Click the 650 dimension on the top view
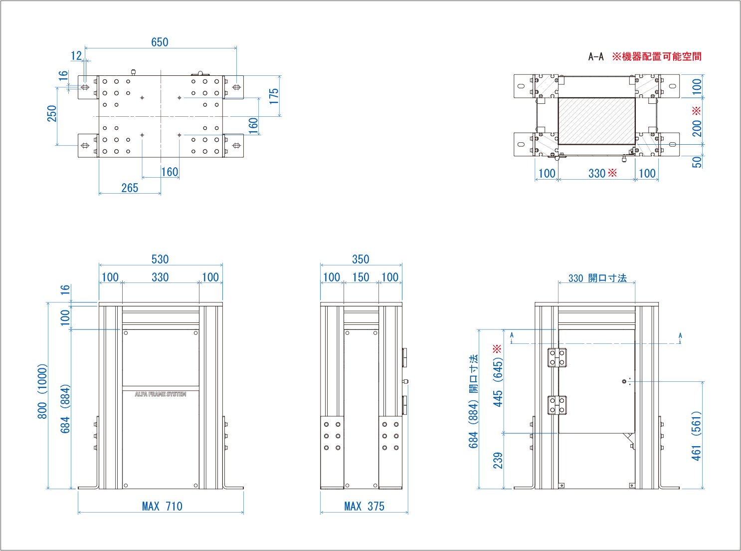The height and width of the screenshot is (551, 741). [x=160, y=42]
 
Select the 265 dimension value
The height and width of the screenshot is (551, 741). [x=130, y=188]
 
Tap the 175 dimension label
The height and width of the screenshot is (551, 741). [x=274, y=96]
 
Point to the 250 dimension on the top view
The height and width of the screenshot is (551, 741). [x=52, y=113]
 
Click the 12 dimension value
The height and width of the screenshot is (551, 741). [x=76, y=56]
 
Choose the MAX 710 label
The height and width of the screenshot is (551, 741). [x=162, y=507]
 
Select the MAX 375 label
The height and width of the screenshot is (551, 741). [x=364, y=507]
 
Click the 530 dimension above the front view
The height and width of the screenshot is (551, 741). [x=160, y=260]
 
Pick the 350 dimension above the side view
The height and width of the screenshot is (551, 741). [x=361, y=260]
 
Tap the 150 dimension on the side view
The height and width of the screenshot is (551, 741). [x=361, y=277]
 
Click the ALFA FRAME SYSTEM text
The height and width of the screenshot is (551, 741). [x=161, y=394]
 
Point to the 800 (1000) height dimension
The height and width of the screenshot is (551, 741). [x=42, y=391]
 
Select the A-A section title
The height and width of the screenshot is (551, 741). [x=596, y=57]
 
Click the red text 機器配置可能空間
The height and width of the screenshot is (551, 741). [x=662, y=57]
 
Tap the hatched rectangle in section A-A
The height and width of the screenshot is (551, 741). [x=596, y=121]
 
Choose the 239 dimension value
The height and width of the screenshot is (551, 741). [x=498, y=460]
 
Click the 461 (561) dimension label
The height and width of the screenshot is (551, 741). [x=696, y=435]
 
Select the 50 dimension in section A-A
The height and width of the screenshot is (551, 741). [x=697, y=162]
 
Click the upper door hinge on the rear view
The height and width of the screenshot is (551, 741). [x=557, y=357]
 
